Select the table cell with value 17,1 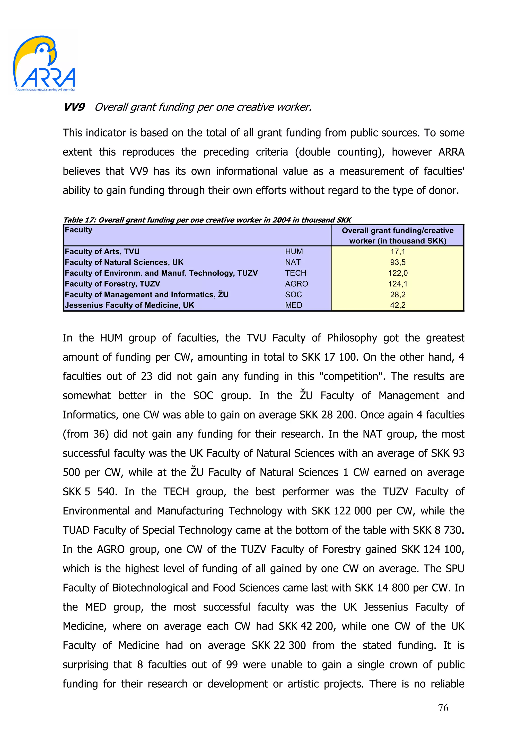pos(398,251)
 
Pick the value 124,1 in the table pos(398,284)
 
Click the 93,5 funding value pos(398,262)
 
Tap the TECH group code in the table pos(295,273)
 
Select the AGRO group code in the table pos(296,284)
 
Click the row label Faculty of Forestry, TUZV pos(112,284)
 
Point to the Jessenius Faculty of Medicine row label pos(129,305)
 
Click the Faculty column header pos(78,230)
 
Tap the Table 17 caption pos(207,220)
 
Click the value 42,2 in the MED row pos(398,305)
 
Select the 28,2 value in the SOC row pos(398,295)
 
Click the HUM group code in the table pos(294,251)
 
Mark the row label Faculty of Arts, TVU pos(102,251)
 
